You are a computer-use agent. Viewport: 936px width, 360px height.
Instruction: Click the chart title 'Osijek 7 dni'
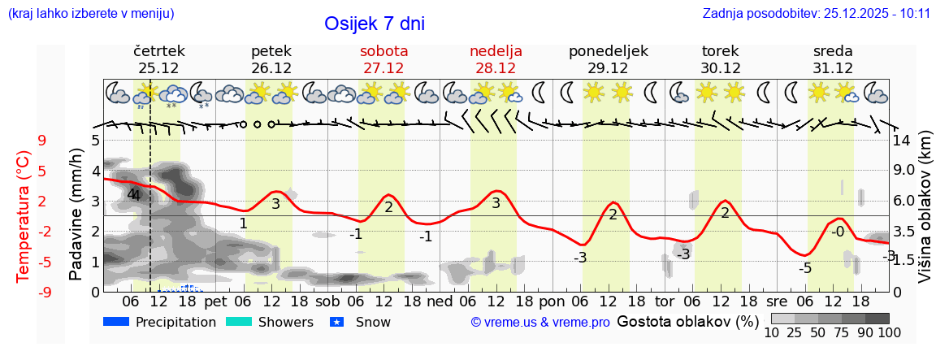tap(374, 24)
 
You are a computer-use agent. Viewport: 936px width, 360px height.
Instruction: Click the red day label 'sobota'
tap(383, 51)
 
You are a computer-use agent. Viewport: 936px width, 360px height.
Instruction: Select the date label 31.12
tap(833, 68)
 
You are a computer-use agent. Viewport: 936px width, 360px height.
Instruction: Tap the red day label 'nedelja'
tap(496, 51)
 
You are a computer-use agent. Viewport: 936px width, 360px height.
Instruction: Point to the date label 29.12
tap(608, 68)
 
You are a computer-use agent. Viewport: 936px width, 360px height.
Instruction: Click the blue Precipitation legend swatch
tap(117, 322)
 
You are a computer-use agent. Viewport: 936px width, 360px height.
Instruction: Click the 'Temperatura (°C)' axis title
tap(23, 215)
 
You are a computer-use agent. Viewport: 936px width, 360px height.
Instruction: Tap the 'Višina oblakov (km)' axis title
tap(925, 215)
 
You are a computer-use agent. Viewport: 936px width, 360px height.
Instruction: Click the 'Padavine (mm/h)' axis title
tap(76, 215)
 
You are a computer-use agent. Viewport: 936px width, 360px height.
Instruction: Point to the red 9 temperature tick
tap(42, 141)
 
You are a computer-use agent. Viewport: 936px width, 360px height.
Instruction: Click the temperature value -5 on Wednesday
tap(805, 268)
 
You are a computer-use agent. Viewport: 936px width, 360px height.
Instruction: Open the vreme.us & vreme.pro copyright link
tap(540, 323)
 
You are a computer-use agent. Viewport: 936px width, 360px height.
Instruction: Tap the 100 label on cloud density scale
tap(877, 332)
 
